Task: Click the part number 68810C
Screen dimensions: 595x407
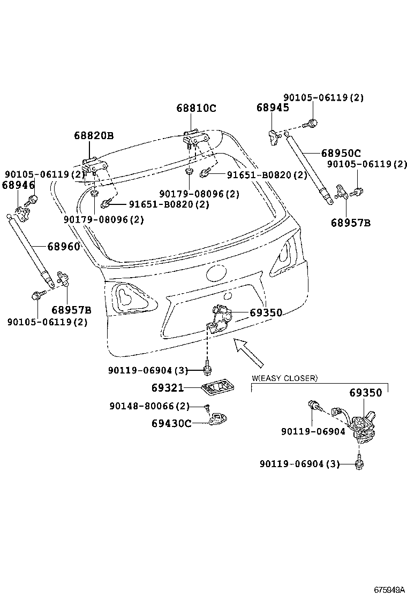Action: point(196,108)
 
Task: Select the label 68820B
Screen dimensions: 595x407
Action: point(94,136)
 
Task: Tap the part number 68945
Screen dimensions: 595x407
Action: point(273,108)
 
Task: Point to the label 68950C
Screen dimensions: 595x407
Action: point(341,154)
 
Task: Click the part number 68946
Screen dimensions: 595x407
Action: point(18,185)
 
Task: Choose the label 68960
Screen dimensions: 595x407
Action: point(63,247)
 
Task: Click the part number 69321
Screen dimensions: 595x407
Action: point(167,387)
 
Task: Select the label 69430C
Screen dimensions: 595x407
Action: point(171,423)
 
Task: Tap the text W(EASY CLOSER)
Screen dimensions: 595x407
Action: point(284,378)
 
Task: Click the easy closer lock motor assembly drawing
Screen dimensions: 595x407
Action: point(364,426)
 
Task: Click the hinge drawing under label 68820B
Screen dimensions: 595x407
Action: point(92,164)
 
